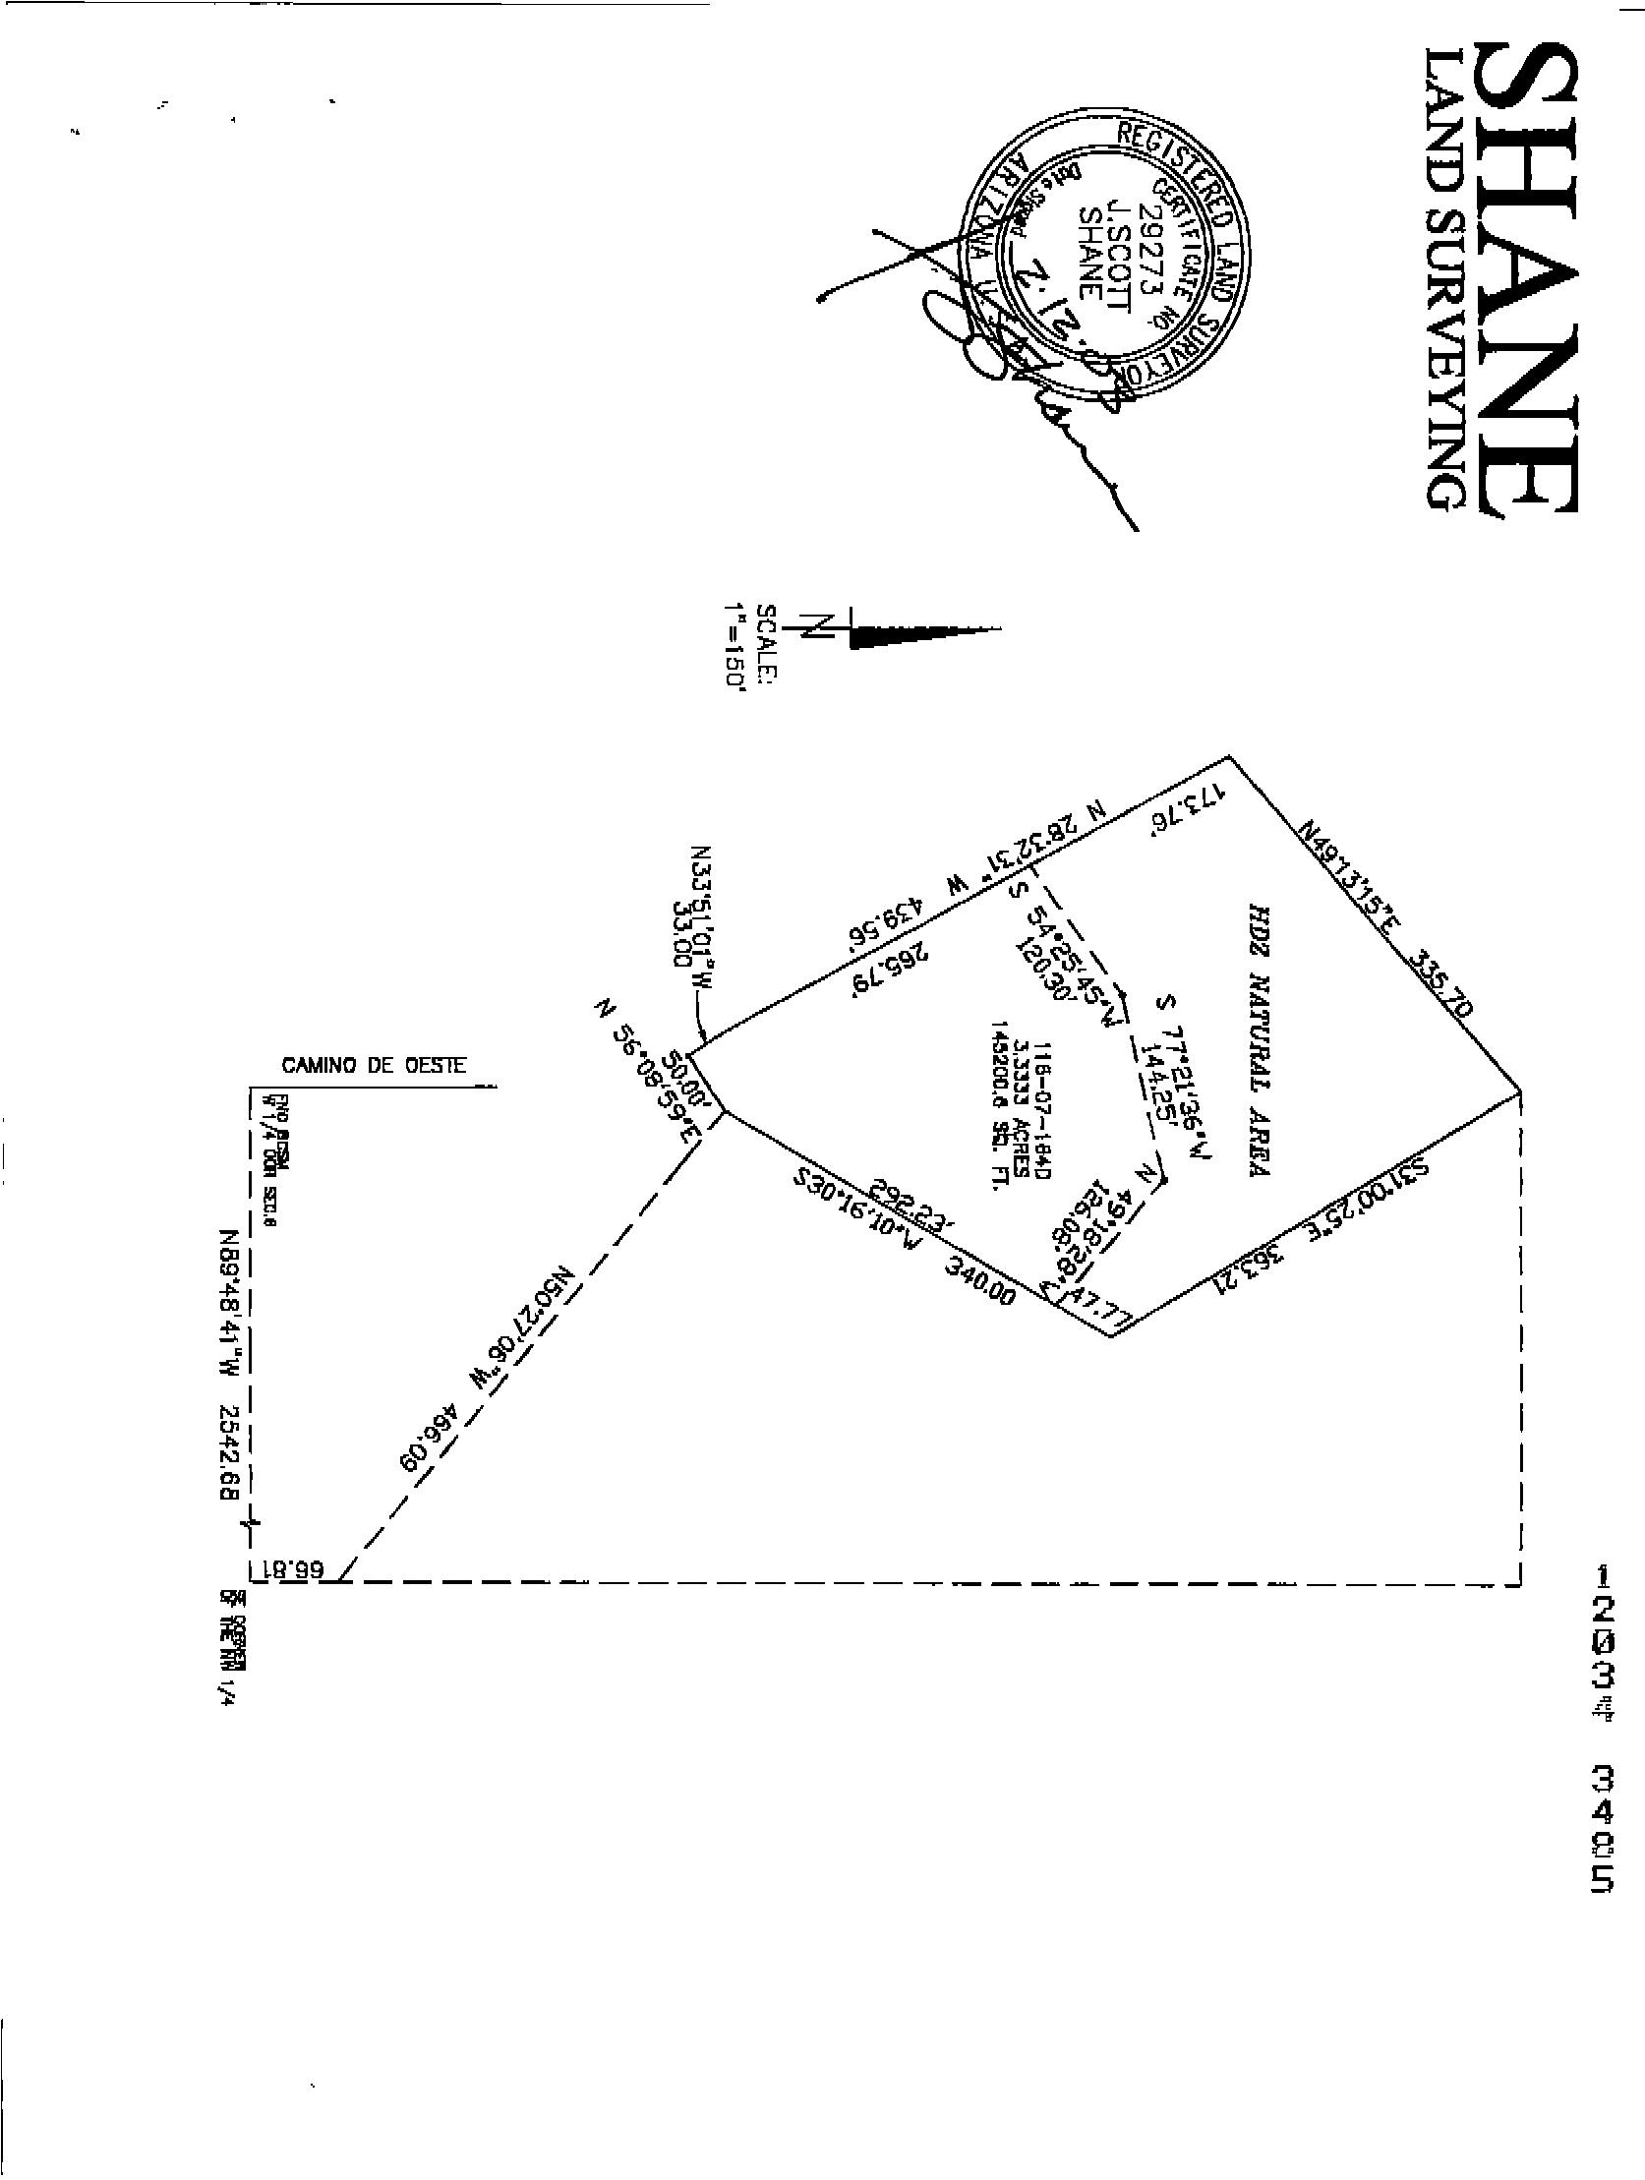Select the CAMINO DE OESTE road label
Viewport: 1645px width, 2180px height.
pyautogui.click(x=375, y=1066)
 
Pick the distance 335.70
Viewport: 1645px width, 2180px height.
pyautogui.click(x=1441, y=983)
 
